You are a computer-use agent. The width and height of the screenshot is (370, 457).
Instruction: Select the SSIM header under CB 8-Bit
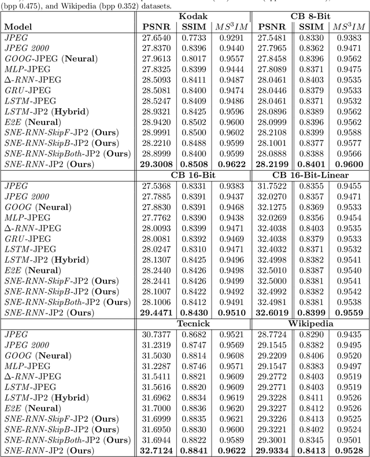pyautogui.click(x=311, y=27)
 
